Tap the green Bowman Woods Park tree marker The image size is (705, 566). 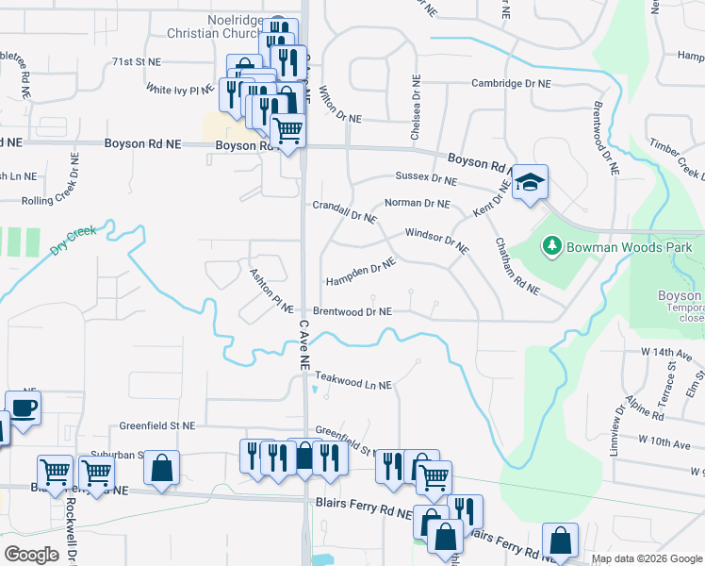[551, 246]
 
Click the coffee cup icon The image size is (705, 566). [24, 408]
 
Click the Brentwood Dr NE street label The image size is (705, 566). [352, 311]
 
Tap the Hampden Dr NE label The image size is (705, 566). [360, 275]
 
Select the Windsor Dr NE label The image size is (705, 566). [436, 241]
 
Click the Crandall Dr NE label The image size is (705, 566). [344, 211]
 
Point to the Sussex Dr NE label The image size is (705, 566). [426, 177]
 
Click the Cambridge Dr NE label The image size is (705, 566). [511, 83]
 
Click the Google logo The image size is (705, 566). [32, 554]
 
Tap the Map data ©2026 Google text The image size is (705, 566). [647, 558]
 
